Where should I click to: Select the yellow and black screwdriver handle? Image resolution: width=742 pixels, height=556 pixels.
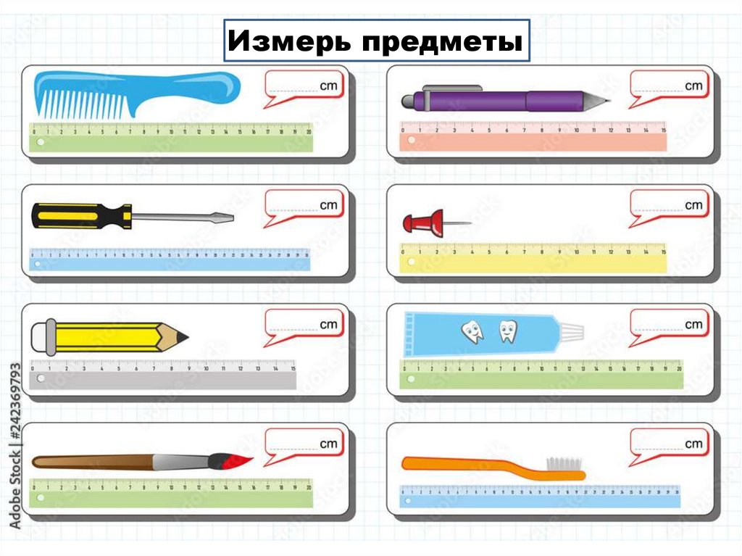[80, 215]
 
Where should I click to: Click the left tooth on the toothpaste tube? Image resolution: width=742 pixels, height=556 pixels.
[472, 332]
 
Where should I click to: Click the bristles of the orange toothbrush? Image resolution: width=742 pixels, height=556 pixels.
[564, 462]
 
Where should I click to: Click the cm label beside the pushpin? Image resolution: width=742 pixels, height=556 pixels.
[693, 205]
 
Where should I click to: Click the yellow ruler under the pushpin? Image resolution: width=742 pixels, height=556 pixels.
[533, 258]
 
